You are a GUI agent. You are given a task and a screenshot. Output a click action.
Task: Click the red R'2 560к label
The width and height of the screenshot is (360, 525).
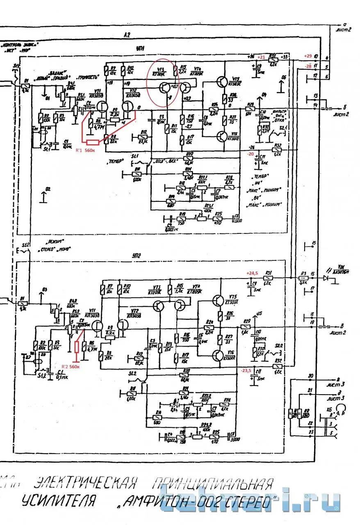[x=70, y=366]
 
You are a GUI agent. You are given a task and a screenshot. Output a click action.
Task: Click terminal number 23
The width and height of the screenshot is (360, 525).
[x=311, y=431]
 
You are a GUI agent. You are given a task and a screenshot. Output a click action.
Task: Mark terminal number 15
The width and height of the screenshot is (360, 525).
[x=314, y=244]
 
